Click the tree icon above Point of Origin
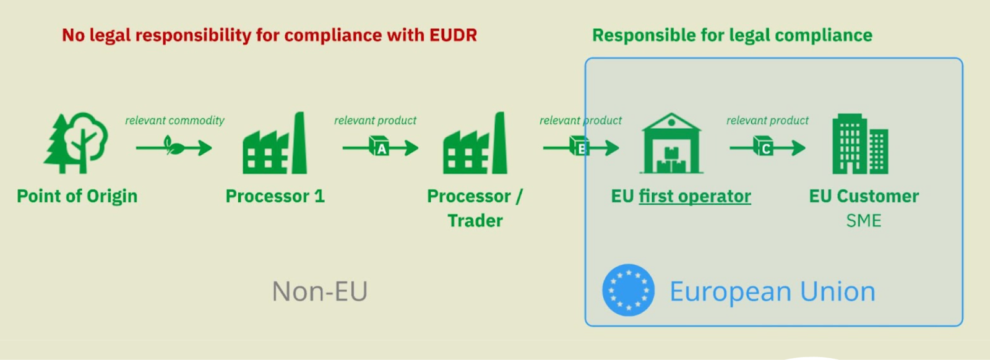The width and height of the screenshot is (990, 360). pos(76,143)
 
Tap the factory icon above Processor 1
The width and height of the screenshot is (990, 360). pos(275,144)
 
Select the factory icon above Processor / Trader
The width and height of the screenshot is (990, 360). pos(475,144)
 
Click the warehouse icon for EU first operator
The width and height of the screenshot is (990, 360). pos(671,144)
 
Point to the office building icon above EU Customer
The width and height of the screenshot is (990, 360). pos(860,144)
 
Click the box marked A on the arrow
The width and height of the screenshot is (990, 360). pos(379,148)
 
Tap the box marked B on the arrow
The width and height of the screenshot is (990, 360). pos(580,148)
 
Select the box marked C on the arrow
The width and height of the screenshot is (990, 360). pos(764,148)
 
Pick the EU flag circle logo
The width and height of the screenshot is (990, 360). pos(628,290)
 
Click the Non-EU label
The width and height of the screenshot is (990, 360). pos(320,291)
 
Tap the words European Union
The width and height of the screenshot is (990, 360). pos(772,291)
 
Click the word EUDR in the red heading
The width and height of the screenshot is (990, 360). pos(454,35)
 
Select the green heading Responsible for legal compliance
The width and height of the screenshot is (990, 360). pos(732,35)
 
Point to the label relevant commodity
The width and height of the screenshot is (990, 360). pos(174,121)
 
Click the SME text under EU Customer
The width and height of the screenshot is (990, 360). pos(863,221)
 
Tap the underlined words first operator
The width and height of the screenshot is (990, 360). pos(695,196)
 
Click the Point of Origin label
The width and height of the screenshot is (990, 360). pos(77,196)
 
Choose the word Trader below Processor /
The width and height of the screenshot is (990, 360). pos(475,221)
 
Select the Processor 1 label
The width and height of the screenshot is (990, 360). pos(275,196)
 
